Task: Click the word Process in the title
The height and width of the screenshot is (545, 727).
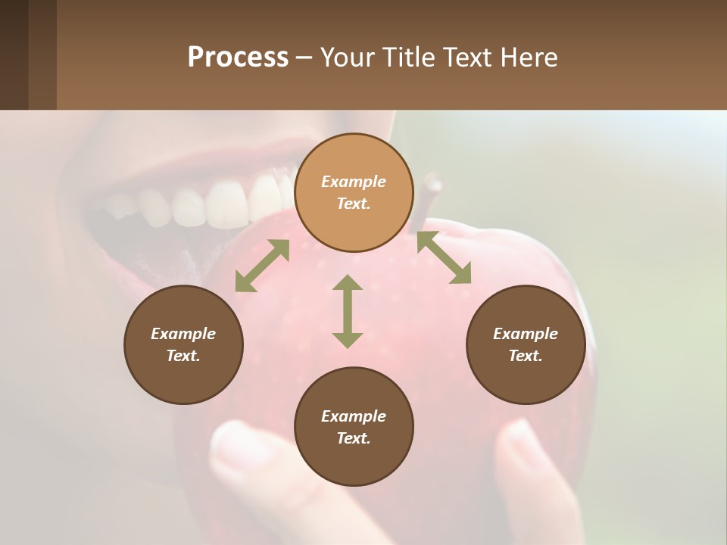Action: [x=238, y=58]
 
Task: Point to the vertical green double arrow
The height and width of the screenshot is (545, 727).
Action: [x=348, y=311]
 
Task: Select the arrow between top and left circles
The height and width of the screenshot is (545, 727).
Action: [x=262, y=266]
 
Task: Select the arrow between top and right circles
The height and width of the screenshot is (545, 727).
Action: [x=444, y=258]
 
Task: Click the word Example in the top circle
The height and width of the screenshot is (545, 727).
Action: [x=354, y=182]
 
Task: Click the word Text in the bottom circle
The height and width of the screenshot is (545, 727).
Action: [x=354, y=438]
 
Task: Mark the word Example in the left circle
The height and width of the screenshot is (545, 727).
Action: [x=183, y=334]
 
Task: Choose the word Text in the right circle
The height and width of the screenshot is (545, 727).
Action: [x=526, y=356]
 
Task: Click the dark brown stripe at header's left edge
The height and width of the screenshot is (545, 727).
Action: [x=14, y=54]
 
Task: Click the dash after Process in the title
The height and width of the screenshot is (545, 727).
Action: [x=304, y=58]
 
